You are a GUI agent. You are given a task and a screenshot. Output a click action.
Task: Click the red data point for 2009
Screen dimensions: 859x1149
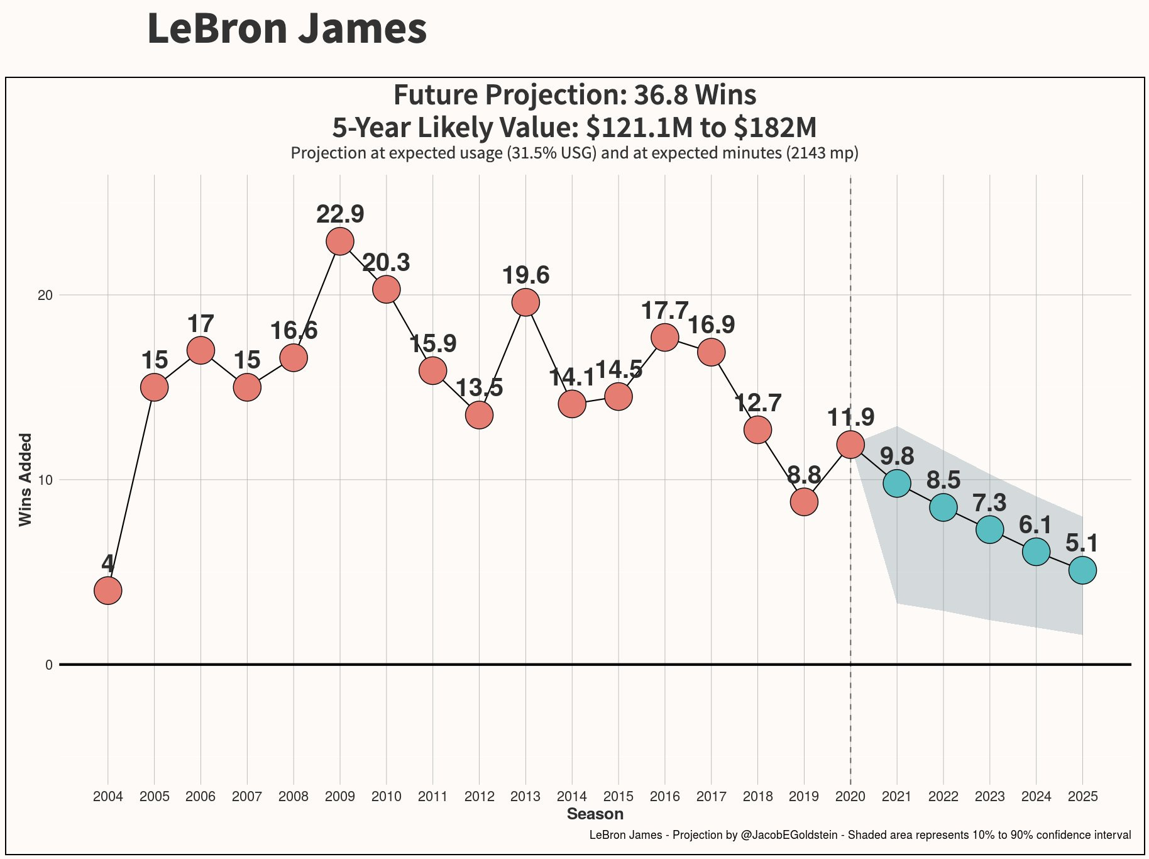click(340, 241)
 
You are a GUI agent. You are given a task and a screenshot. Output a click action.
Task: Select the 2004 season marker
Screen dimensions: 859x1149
click(108, 590)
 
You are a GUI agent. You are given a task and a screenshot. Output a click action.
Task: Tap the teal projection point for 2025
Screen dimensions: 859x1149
click(1082, 570)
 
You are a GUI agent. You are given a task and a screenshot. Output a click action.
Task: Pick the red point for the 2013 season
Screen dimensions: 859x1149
click(525, 302)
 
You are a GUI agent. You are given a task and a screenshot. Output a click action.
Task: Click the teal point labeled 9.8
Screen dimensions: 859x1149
click(897, 483)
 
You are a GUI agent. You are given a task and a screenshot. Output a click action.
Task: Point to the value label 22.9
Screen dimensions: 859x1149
click(340, 214)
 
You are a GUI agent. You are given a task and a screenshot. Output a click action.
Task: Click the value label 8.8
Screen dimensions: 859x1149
click(804, 475)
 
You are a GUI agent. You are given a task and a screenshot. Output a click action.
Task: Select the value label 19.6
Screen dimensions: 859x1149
click(525, 275)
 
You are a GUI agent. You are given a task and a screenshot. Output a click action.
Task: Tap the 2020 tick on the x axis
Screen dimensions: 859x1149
click(850, 797)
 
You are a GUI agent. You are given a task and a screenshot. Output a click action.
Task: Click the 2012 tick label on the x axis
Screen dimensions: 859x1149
click(479, 797)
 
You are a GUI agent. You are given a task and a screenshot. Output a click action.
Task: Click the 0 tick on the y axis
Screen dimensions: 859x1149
click(49, 665)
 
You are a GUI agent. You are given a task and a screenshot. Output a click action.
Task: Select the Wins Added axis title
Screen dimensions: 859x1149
click(25, 479)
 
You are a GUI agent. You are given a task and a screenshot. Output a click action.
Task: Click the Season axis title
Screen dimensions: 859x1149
click(595, 814)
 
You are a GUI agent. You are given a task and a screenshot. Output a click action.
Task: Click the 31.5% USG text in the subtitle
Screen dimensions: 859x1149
click(553, 153)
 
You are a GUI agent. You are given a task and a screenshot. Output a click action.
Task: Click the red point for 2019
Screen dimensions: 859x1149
click(804, 502)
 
